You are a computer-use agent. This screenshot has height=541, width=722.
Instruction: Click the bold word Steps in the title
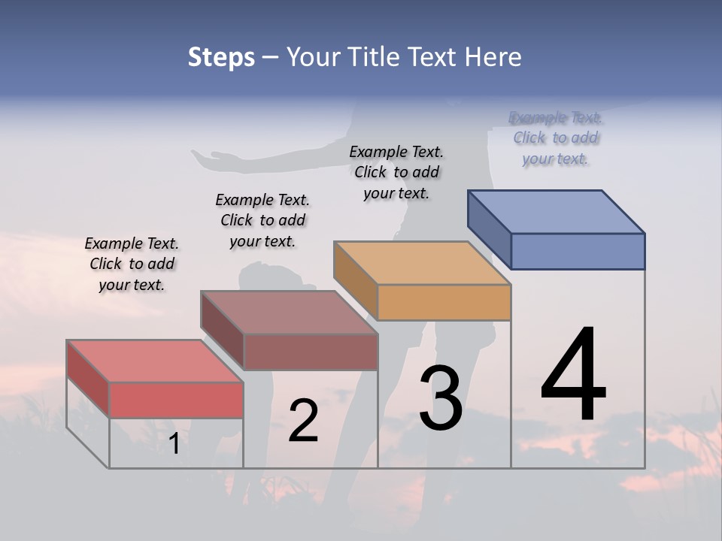click(221, 57)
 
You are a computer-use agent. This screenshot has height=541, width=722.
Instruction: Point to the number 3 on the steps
click(441, 398)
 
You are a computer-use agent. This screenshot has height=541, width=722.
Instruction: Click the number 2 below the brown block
click(303, 421)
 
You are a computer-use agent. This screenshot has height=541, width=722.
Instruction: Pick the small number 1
click(174, 444)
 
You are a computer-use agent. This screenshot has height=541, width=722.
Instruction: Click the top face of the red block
click(154, 361)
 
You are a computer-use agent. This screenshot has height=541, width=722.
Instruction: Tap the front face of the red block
click(176, 400)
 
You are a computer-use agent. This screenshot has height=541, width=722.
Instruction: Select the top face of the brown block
click(288, 312)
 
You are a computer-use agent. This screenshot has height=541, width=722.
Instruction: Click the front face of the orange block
click(444, 302)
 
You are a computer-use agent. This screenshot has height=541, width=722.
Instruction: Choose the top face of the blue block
click(556, 211)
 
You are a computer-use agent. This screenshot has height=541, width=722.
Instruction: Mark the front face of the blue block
click(578, 251)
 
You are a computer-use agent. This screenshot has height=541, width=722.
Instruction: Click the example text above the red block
click(132, 264)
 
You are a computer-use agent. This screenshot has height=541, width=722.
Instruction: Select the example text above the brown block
click(262, 220)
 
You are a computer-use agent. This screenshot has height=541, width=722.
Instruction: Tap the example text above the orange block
click(396, 172)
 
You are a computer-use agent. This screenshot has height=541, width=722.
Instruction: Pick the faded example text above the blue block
click(556, 138)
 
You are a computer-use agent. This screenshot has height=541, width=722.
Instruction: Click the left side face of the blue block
click(489, 227)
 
